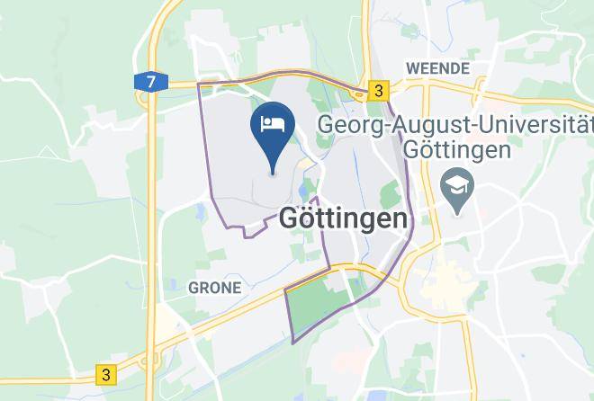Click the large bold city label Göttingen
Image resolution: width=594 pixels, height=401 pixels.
(x=343, y=218)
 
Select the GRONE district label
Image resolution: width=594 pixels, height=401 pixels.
(x=214, y=288)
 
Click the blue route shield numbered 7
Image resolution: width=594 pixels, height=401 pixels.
(x=150, y=83)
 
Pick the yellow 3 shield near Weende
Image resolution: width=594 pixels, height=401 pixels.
(x=379, y=91)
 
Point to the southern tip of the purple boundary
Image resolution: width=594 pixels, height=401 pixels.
(x=293, y=343)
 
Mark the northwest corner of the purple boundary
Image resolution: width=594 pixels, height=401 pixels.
(x=199, y=84)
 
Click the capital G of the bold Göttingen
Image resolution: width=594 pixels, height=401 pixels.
(x=292, y=218)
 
